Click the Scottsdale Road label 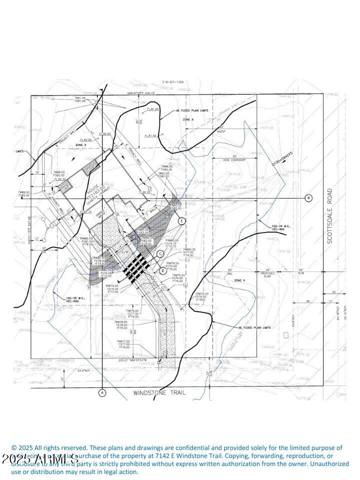pyautogui.click(x=330, y=216)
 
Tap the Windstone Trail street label pyautogui.click(x=159, y=393)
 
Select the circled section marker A pyautogui.click(x=102, y=392)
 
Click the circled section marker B pyautogui.click(x=308, y=198)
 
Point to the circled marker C pyautogui.click(x=160, y=254)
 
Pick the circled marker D pyautogui.click(x=163, y=270)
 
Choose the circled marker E pyautogui.click(x=182, y=220)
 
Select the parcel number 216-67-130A pyautogui.click(x=173, y=82)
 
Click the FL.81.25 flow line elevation pyautogui.click(x=152, y=109)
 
